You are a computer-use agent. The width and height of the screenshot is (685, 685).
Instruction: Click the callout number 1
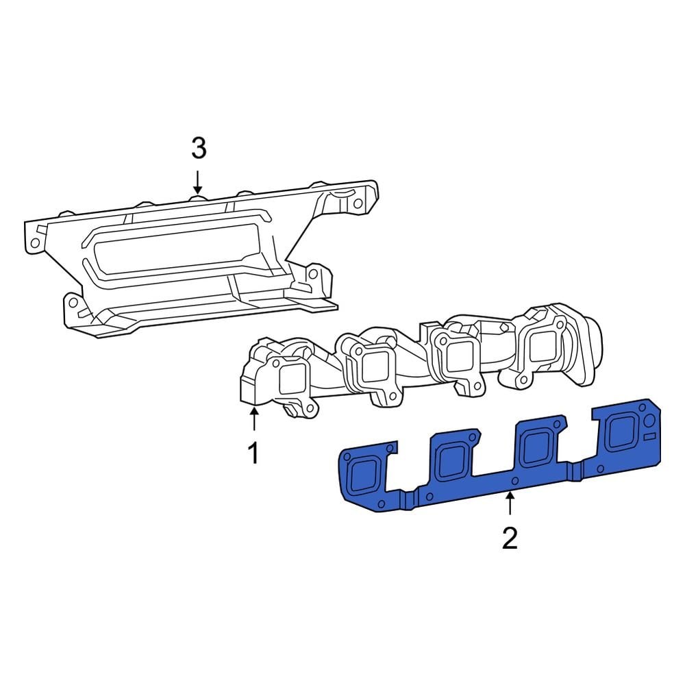[x=253, y=453]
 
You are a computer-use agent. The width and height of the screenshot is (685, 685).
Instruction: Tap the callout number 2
[x=509, y=538]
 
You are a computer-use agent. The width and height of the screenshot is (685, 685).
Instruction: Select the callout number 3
[x=197, y=147]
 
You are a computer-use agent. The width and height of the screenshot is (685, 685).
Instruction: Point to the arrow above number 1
[x=254, y=418]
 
